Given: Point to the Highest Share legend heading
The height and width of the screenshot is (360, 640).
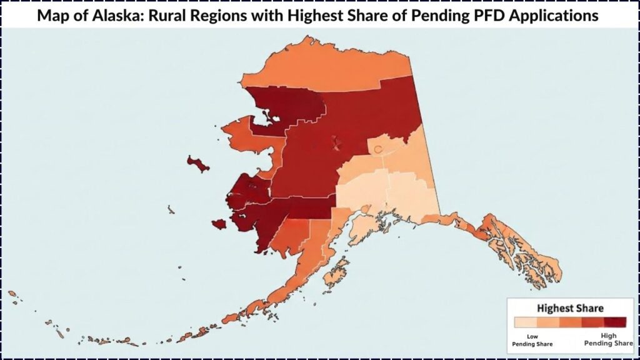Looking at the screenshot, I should coord(570,308).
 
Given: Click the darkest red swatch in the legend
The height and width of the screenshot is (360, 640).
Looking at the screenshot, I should coord(616,322).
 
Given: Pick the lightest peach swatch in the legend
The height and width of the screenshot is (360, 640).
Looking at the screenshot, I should coord(525,322).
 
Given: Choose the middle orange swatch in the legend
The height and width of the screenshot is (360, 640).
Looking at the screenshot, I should coord(570,322).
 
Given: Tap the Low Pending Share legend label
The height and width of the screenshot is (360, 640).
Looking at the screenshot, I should coord(527,340).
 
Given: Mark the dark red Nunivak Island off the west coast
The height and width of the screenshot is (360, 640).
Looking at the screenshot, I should coord(219,224).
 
